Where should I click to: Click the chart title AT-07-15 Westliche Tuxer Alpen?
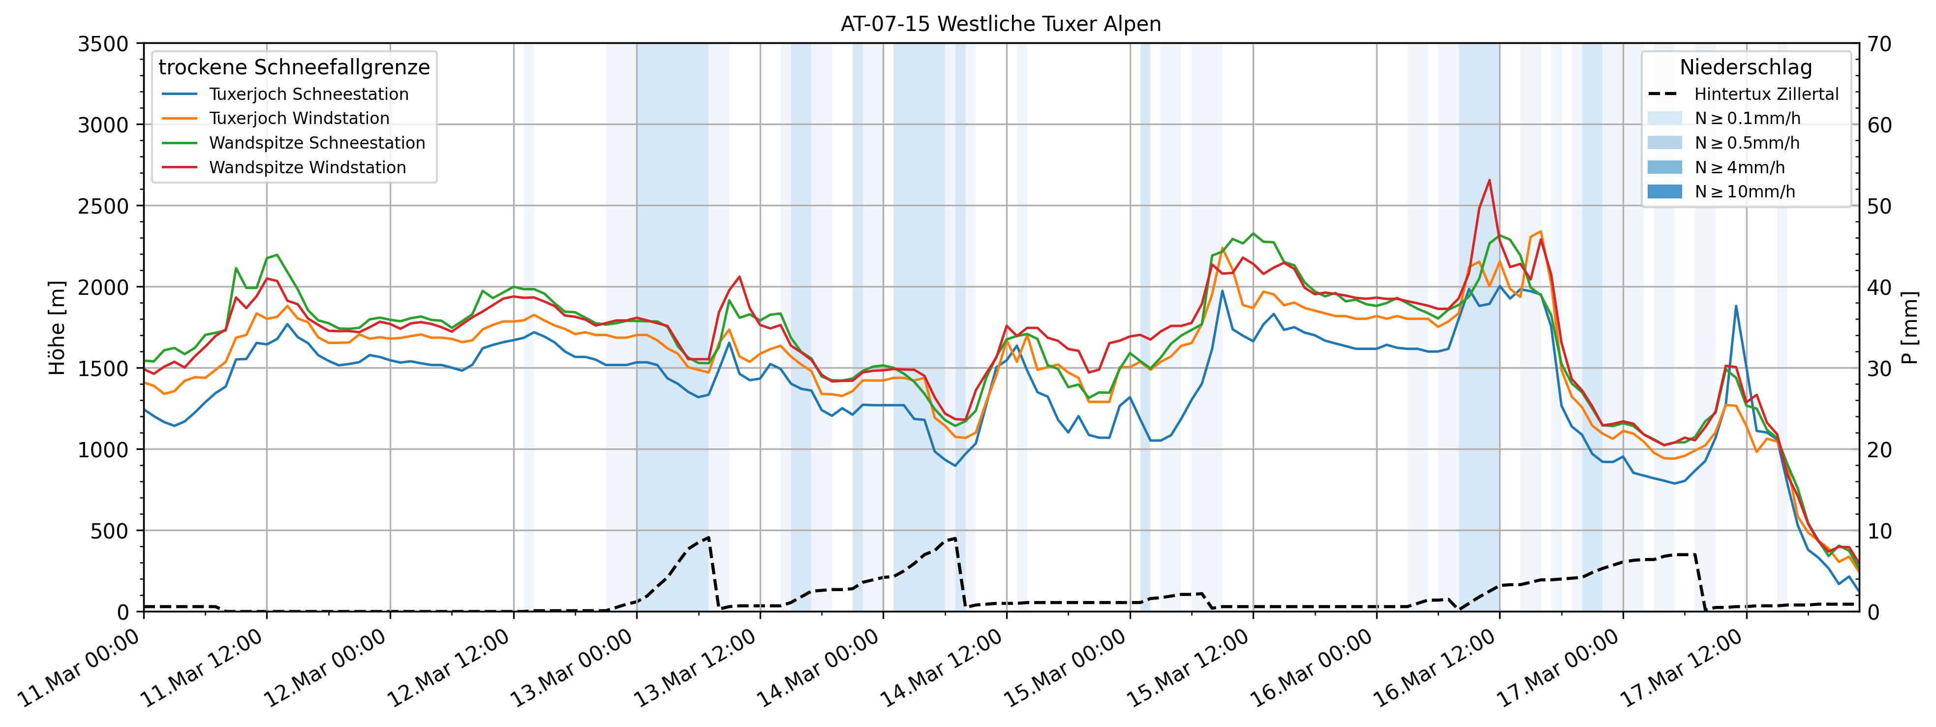click(x=1000, y=24)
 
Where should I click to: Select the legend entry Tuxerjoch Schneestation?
click(x=308, y=94)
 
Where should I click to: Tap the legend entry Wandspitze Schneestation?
click(x=316, y=143)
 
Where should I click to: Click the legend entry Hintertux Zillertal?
click(x=1765, y=94)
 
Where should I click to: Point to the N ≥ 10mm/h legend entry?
click(x=1744, y=191)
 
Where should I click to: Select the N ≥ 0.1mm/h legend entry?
click(x=1747, y=118)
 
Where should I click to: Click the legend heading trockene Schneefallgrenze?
click(x=294, y=67)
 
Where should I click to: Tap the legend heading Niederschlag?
click(x=1745, y=67)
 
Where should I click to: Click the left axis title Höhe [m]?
click(x=57, y=328)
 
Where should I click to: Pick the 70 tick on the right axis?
click(x=1879, y=44)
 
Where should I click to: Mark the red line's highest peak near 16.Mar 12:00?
click(x=1489, y=181)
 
